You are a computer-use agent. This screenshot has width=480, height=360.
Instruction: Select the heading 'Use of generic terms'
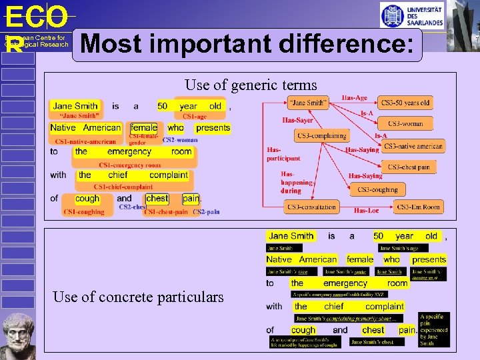[251, 85]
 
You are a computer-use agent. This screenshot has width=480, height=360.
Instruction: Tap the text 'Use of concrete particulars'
[138, 297]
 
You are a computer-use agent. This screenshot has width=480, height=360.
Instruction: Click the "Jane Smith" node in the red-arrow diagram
[308, 103]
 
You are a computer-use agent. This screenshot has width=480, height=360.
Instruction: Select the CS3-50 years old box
[405, 103]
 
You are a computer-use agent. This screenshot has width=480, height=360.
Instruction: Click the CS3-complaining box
[322, 135]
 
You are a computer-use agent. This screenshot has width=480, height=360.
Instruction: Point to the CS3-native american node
[413, 146]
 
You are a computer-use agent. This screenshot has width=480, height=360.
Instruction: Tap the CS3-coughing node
[377, 190]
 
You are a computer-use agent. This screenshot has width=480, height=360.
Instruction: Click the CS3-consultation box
[311, 207]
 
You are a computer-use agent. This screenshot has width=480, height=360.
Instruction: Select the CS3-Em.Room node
[418, 207]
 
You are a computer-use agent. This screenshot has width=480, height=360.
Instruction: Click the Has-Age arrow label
[355, 98]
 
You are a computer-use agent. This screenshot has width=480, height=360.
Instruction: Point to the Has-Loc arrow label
[366, 211]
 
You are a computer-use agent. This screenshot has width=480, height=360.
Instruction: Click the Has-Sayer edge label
[297, 121]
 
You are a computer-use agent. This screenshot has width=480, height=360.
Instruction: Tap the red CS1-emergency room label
[129, 165]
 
